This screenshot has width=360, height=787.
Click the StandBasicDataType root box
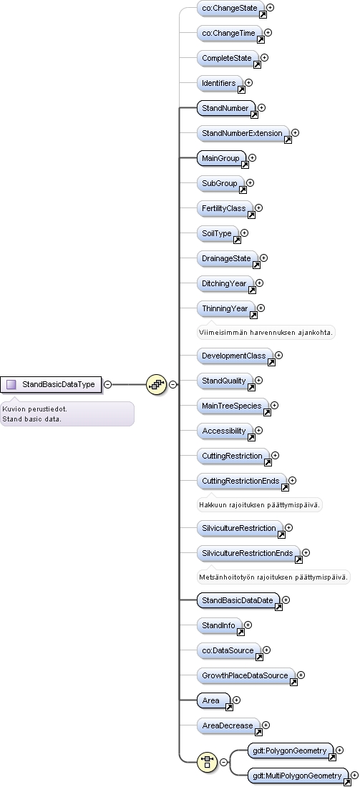[x=51, y=384]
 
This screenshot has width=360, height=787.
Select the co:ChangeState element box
[x=230, y=8]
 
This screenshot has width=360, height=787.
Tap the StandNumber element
[x=226, y=108]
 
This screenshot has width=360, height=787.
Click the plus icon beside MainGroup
[x=252, y=157]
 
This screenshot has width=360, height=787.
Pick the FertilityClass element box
[x=225, y=208]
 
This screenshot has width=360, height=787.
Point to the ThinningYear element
[x=225, y=308]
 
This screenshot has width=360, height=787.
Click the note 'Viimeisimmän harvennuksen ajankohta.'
[x=266, y=332]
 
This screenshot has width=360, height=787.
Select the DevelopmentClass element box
[x=235, y=356]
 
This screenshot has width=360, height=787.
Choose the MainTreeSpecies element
[x=233, y=406]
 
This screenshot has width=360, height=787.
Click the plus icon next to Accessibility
[x=258, y=430]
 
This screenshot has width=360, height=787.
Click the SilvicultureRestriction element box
[x=240, y=528]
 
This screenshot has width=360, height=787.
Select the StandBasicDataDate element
[x=238, y=600]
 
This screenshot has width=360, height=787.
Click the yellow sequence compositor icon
[x=156, y=384]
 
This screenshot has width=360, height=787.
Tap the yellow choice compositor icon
[x=208, y=762]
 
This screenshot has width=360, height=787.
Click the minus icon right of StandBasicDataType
[x=108, y=384]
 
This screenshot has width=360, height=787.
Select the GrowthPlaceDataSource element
[x=245, y=675]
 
